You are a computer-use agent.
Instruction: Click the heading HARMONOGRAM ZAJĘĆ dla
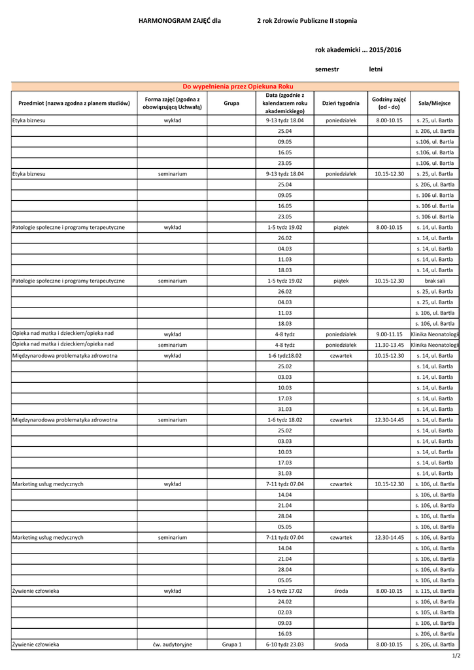click(180, 21)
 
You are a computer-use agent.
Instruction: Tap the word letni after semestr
click(376, 69)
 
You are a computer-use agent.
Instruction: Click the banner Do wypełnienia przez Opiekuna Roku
click(237, 86)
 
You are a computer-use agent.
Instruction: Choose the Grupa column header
click(231, 103)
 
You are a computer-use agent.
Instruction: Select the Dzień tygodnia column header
click(341, 103)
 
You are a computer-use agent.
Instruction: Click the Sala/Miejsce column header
click(434, 103)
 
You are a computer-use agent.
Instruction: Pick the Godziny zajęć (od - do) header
click(389, 103)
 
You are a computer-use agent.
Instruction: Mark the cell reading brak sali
click(434, 281)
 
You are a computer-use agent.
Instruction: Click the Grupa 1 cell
click(231, 644)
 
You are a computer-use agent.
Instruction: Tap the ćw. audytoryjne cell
click(173, 644)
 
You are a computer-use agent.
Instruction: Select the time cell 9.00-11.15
click(389, 334)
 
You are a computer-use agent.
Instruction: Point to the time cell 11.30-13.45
click(389, 344)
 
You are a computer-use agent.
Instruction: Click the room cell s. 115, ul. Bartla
click(434, 591)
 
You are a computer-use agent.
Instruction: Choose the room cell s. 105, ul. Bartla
click(434, 612)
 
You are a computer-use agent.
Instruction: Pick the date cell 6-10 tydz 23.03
click(284, 644)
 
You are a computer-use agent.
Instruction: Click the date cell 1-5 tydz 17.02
click(284, 591)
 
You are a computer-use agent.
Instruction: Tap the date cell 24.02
click(284, 601)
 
